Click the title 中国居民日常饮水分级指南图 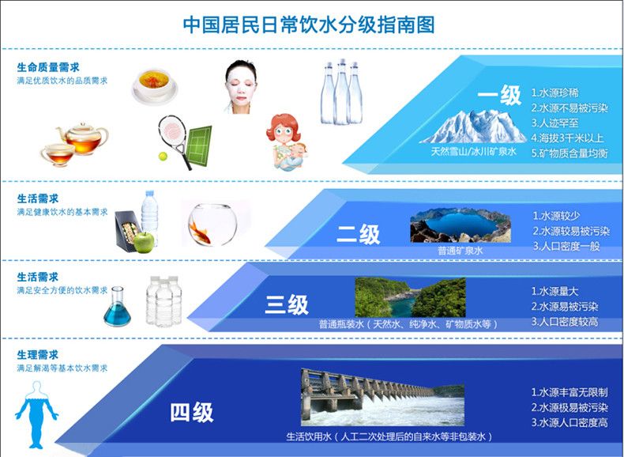(308, 25)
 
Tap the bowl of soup (154, 86)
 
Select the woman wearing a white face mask (241, 87)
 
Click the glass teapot (82, 138)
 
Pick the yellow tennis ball (163, 157)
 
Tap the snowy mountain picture (473, 127)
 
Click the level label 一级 (499, 96)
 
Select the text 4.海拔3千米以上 (568, 138)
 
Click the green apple (144, 242)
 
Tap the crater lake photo (460, 225)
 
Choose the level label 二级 (358, 234)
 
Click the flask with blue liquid (117, 307)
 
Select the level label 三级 (287, 305)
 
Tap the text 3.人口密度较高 (565, 322)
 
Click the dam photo (382, 397)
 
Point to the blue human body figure (36, 415)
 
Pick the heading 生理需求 (38, 354)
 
